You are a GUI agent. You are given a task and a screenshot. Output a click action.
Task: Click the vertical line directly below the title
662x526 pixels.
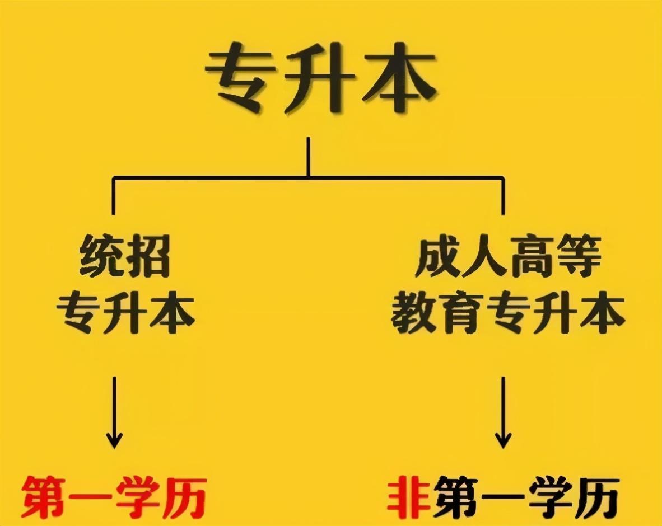pos(308,158)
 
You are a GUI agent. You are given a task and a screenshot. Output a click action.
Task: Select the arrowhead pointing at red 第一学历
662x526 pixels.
pos(114,439)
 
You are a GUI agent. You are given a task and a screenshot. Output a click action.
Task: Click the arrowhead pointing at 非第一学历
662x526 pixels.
pos(503,439)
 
